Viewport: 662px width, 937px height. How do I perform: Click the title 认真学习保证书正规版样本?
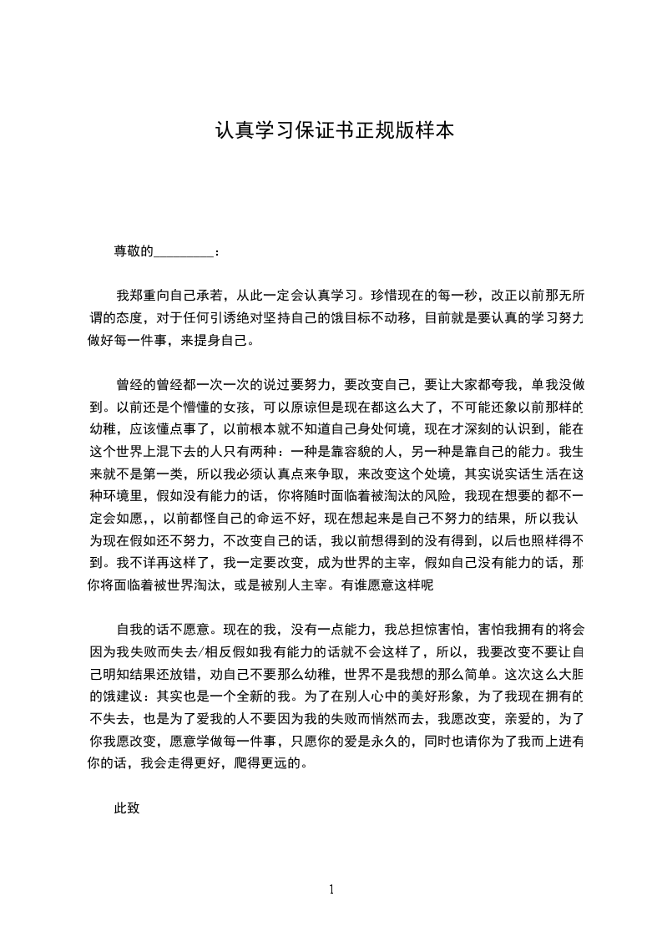(x=334, y=131)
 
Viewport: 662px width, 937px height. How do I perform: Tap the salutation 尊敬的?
(x=134, y=250)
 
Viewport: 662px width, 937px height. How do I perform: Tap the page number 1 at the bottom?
(x=331, y=889)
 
